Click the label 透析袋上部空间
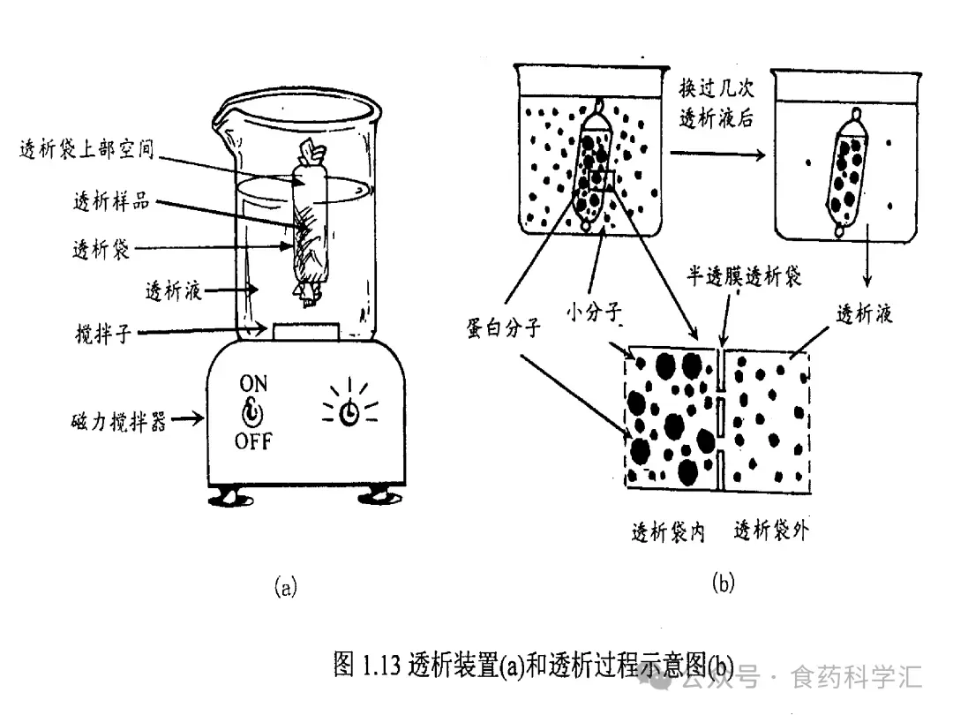click(x=86, y=149)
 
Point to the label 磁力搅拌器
click(x=119, y=421)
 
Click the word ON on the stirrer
click(x=253, y=384)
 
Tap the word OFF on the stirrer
click(x=253, y=440)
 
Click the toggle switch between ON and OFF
click(x=253, y=412)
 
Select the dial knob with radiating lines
click(x=350, y=412)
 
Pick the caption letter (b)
click(x=722, y=583)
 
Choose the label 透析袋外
click(x=771, y=531)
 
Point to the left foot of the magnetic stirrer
click(x=228, y=496)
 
